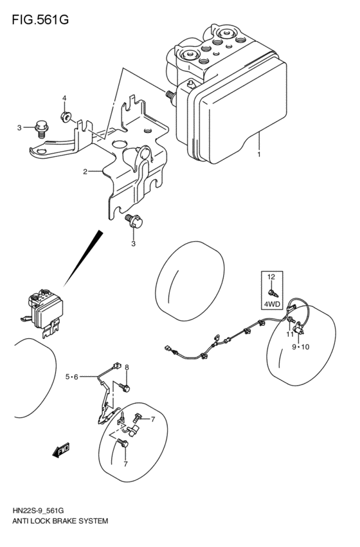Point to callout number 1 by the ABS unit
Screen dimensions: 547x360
point(259,155)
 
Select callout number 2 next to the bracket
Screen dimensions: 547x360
point(85,172)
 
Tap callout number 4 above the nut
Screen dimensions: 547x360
point(64,98)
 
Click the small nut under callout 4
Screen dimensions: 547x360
point(65,116)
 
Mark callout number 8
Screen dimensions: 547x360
point(127,367)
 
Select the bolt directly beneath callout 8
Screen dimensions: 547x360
point(125,387)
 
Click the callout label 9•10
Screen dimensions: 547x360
point(300,347)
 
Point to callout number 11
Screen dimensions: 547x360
point(290,334)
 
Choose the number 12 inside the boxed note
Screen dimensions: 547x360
point(271,276)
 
